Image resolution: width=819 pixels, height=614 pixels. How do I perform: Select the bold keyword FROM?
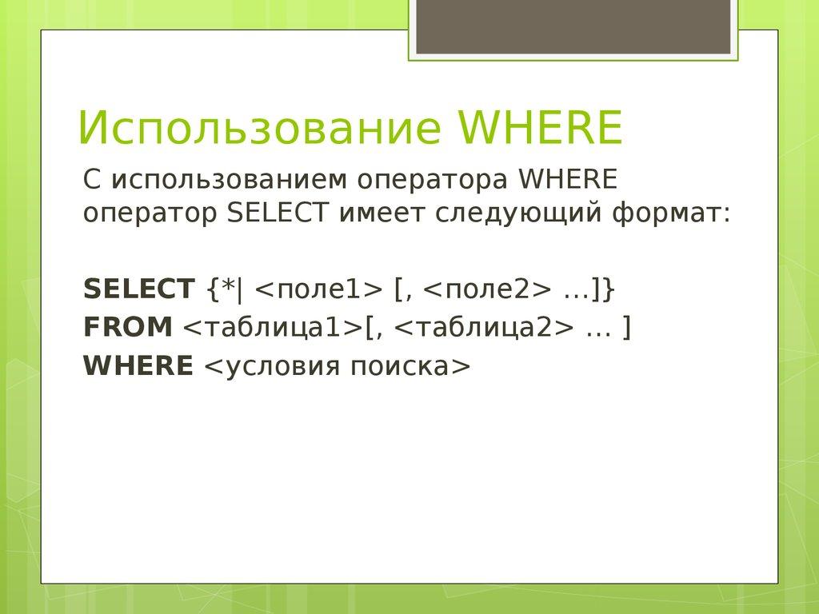pyautogui.click(x=128, y=327)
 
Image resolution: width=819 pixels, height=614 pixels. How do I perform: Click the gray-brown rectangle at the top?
pyautogui.click(x=573, y=27)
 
